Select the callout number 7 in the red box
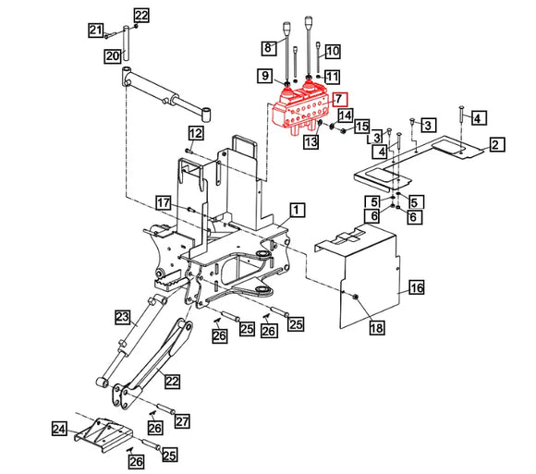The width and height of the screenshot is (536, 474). coord(339,99)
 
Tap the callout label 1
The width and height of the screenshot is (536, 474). coord(297,210)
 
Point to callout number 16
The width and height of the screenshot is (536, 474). coord(417,288)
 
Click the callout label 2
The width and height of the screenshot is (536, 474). coord(496,144)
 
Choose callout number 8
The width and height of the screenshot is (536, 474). coord(269,47)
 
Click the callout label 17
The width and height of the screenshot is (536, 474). coord(163,202)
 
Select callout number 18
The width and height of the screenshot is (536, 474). coord(376,328)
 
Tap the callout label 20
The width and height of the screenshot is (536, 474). coord(112,56)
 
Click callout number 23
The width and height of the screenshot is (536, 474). coord(121,318)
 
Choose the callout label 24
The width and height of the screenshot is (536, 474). coord(59,429)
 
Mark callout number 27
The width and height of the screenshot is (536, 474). coord(182,421)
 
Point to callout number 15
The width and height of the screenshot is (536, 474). coord(362,127)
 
